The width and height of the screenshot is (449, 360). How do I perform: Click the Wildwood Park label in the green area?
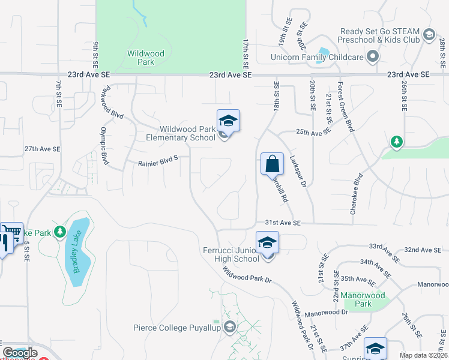145,58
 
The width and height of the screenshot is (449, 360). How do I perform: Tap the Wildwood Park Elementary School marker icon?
229,121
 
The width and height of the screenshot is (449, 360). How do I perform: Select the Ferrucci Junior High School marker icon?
268,243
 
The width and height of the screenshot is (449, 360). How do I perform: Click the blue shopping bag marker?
272,163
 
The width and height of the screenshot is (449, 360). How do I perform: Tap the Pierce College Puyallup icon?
229,327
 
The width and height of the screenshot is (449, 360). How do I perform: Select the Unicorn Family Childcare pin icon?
373,58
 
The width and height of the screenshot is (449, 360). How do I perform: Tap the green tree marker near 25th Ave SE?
396,142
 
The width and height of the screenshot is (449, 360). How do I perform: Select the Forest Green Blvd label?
344,107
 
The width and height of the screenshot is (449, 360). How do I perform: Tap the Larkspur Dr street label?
297,172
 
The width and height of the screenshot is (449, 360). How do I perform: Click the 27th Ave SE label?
42,149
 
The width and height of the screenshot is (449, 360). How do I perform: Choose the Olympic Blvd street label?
104,146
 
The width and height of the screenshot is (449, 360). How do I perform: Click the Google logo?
20,353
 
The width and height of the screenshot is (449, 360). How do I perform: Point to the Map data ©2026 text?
423,355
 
